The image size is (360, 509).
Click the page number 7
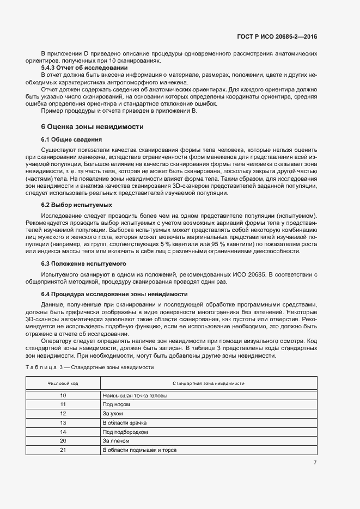pos(315,462)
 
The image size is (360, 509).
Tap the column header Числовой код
pos(63,383)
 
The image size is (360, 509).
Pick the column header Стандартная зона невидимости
pos(208,383)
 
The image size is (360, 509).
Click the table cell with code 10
pos(63,395)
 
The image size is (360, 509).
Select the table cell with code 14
pos(63,432)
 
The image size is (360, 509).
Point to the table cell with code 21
pos(63,450)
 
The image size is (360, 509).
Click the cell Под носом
pos(115,404)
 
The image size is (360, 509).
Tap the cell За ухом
pos(113,414)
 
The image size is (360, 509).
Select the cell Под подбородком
pos(125,432)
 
